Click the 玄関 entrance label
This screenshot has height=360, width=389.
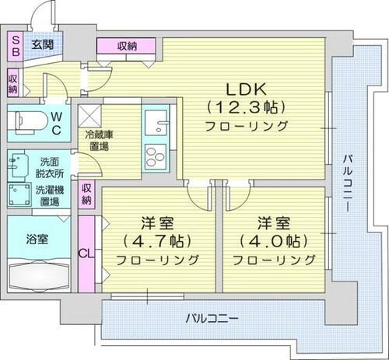[43, 44]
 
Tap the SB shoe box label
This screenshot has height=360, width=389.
[15, 44]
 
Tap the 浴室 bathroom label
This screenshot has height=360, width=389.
[37, 238]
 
